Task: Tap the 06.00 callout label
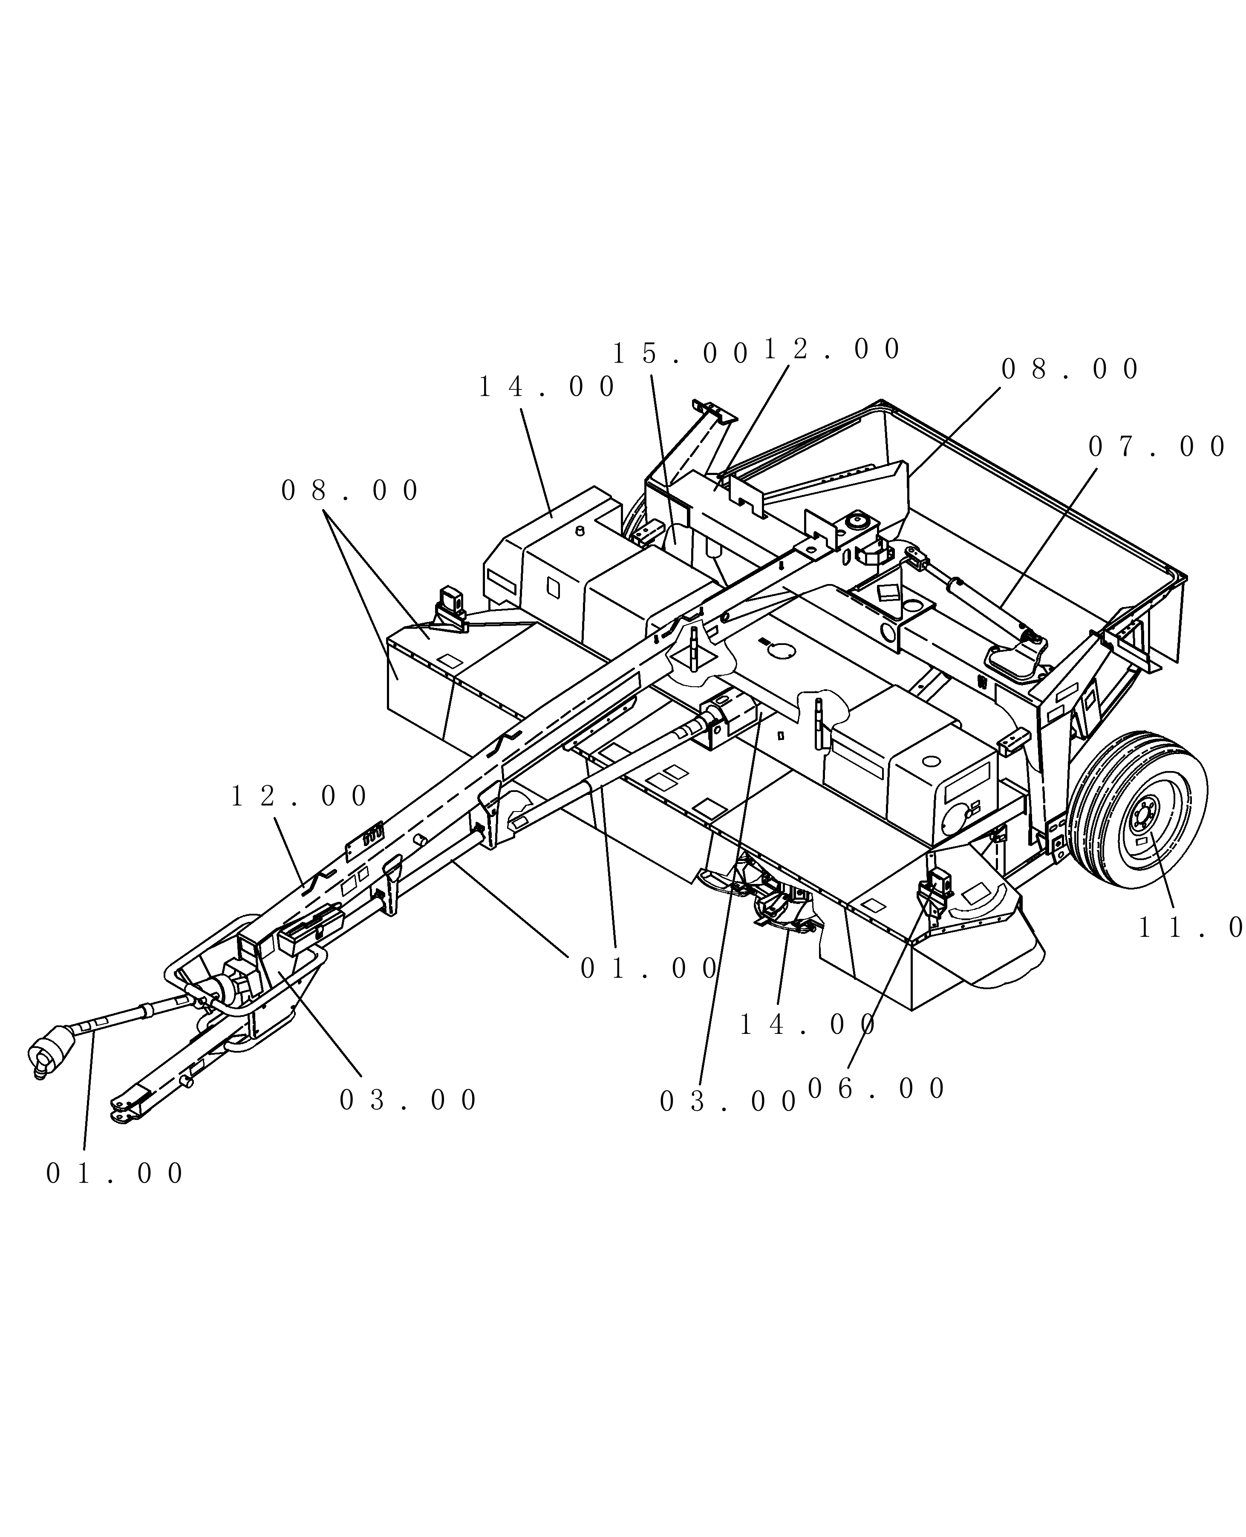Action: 877,1089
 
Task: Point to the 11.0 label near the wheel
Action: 1190,928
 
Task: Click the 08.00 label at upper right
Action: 1070,369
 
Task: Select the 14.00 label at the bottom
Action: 808,1025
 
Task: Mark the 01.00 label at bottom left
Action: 115,1174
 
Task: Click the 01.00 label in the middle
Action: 648,970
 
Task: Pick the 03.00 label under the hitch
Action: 408,1100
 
